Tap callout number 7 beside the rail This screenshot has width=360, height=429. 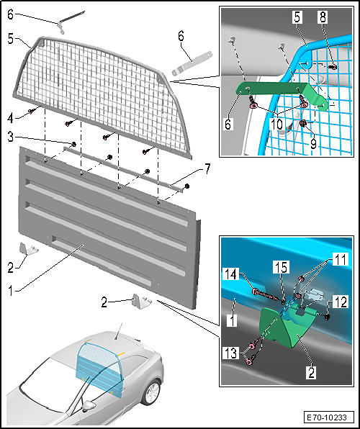coord(207,169)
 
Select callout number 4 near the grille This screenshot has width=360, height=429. coord(10,118)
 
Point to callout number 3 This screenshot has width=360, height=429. coord(10,137)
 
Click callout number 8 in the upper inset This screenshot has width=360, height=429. coord(323,17)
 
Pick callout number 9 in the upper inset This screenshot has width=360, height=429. coord(313,143)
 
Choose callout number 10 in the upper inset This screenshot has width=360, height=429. coord(277,125)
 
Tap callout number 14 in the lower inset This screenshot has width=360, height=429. coord(231,275)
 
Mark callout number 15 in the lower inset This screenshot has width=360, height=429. coord(281,267)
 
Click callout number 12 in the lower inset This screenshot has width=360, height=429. coord(341,302)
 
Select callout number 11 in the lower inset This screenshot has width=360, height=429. coord(341,259)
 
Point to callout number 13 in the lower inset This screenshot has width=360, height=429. coord(231,353)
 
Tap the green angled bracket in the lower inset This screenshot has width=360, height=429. coord(284,328)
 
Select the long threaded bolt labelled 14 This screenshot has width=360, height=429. coord(266,297)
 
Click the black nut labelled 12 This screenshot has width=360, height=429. coord(327,317)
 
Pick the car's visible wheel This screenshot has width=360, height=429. coord(151,393)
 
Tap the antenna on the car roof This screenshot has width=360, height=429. coord(120,332)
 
